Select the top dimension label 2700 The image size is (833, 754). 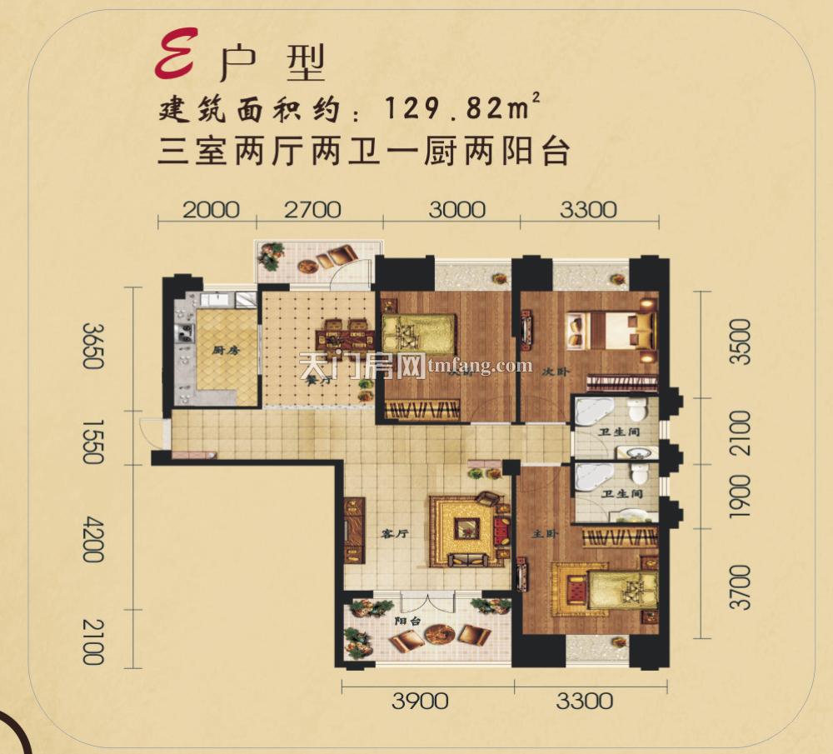[312, 208]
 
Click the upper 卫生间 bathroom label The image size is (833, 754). [616, 432]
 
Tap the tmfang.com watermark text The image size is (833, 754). [480, 366]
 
